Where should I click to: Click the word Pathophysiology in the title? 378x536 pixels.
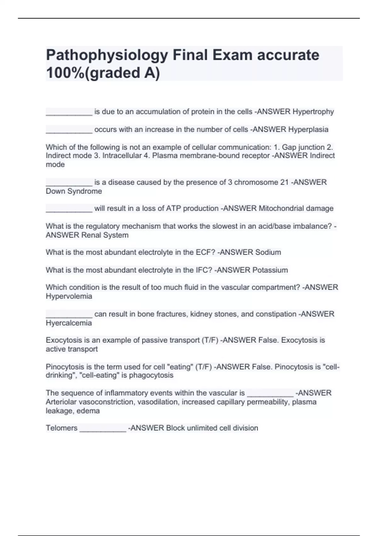[x=107, y=55]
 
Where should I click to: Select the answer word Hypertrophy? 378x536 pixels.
[x=313, y=112]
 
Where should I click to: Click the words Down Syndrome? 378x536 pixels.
[x=74, y=191]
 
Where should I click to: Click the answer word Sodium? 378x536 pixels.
[x=268, y=252]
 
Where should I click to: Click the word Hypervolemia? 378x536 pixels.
[x=69, y=296]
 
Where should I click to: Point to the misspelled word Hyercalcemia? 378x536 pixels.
[x=69, y=323]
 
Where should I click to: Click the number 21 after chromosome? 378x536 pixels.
[x=284, y=182]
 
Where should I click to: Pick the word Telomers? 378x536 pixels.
[x=61, y=428]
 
